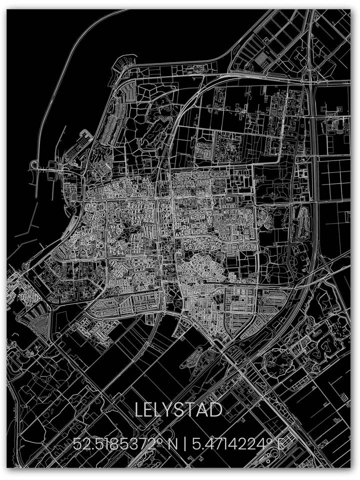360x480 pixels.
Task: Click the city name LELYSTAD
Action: tap(178, 410)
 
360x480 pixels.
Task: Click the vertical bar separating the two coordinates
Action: tap(184, 443)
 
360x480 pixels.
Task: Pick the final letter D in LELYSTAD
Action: tap(215, 410)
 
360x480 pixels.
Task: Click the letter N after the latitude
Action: tap(172, 443)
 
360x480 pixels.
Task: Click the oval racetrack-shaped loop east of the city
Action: tap(301, 222)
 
